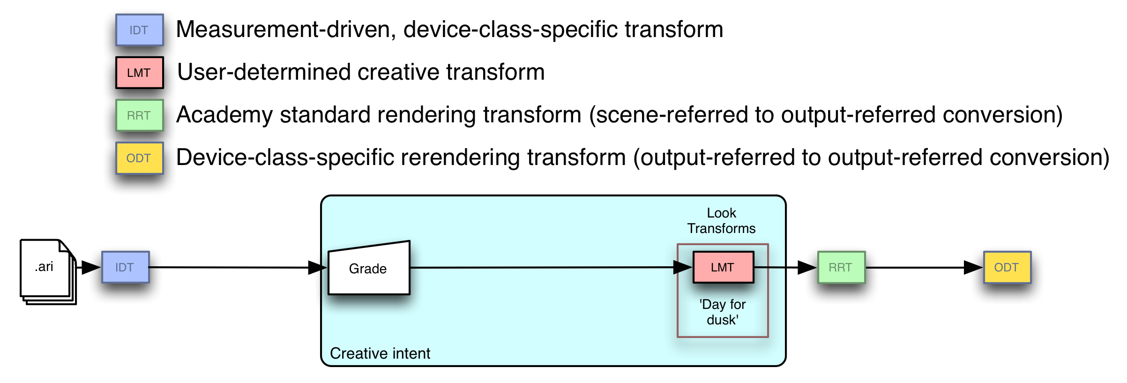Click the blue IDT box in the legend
(x=140, y=30)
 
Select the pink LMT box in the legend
(x=140, y=73)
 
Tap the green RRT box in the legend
(x=140, y=115)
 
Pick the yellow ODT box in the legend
(x=140, y=158)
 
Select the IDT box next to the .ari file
(x=126, y=267)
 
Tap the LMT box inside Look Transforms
(x=723, y=267)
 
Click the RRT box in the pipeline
(x=841, y=267)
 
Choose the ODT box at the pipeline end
(x=1007, y=267)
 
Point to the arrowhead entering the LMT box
(x=683, y=267)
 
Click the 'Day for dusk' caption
(x=723, y=312)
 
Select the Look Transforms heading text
(x=721, y=221)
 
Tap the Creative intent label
(x=380, y=353)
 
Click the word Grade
(x=368, y=269)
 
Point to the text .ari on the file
(x=44, y=267)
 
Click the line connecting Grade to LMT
(x=539, y=267)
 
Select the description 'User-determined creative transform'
(x=361, y=73)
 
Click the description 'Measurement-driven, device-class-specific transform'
(x=450, y=30)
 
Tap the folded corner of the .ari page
(x=64, y=246)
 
